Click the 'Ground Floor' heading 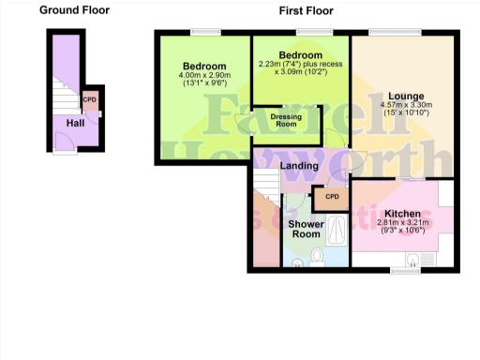[x=74, y=10]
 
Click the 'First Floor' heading [x=306, y=10]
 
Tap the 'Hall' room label [x=75, y=122]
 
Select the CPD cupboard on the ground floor [x=90, y=99]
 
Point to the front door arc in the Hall [x=64, y=140]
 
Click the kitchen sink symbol [x=415, y=258]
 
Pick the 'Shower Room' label [x=306, y=230]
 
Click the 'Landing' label [x=300, y=166]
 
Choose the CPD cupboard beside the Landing [x=331, y=198]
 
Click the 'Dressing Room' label [x=286, y=120]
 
